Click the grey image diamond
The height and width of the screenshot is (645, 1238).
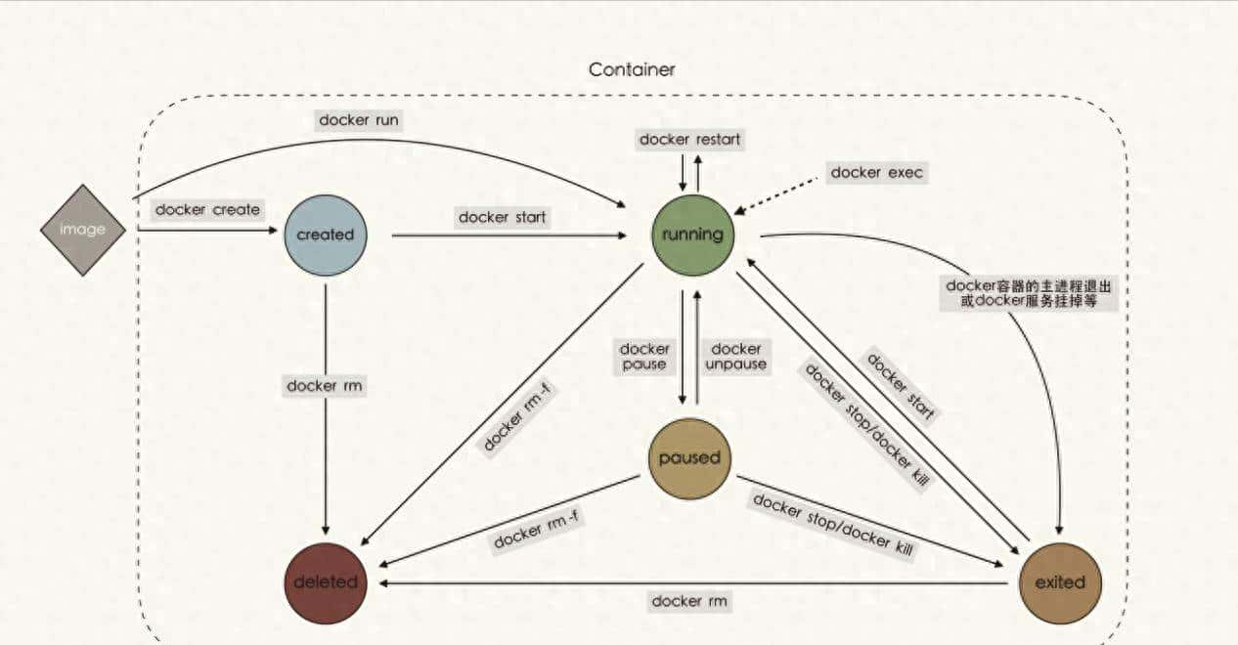pos(83,230)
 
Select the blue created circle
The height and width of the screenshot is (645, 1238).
pos(325,235)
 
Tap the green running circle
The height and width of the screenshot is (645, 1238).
pos(692,235)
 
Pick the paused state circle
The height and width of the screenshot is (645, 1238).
pos(689,457)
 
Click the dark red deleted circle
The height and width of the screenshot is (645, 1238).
pos(325,582)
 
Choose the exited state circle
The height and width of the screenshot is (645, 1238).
pos(1059,582)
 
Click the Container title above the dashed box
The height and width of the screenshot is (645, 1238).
pos(632,70)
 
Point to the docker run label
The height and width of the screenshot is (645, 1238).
pos(359,120)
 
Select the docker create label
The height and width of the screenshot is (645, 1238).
pos(207,209)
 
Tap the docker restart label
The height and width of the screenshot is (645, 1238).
pos(689,140)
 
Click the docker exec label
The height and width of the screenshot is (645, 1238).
pos(877,173)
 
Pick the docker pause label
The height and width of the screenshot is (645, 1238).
pos(644,357)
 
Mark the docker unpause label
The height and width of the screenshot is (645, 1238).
pos(736,357)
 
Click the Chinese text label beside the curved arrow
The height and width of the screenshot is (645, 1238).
pos(1028,294)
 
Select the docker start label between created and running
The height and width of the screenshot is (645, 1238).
pos(502,217)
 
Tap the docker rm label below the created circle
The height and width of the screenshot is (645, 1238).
pos(325,385)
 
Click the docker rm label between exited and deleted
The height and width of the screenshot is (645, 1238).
pos(689,601)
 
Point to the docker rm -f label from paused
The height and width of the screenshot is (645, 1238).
pos(537,528)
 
